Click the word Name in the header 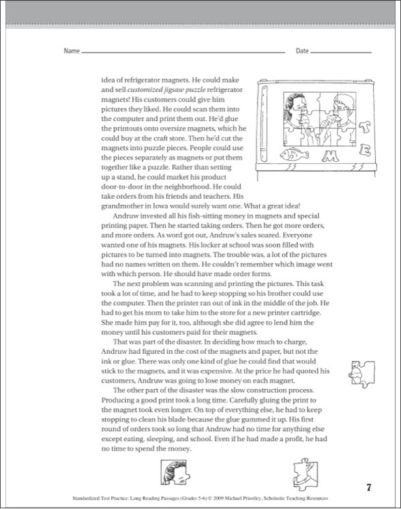71,52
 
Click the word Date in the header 302,52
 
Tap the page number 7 368,487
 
